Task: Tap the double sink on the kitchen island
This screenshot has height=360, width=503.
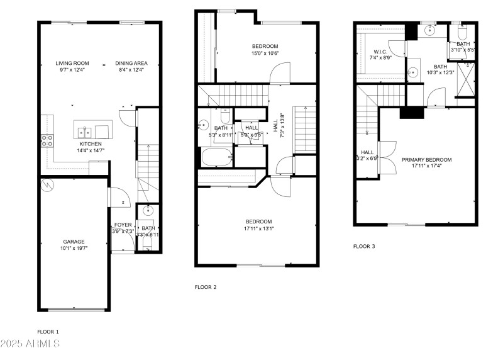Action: [87, 132]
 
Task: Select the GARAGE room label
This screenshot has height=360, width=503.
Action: [74, 242]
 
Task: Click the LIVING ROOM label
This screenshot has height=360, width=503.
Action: [72, 63]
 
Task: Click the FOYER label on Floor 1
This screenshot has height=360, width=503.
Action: [123, 225]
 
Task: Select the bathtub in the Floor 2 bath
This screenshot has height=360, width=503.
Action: [216, 157]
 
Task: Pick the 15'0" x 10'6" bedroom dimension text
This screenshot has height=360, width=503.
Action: [265, 53]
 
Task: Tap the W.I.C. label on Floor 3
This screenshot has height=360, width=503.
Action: [380, 52]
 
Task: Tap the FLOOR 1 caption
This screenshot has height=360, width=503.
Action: [48, 331]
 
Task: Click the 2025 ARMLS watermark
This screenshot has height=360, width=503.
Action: [30, 344]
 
